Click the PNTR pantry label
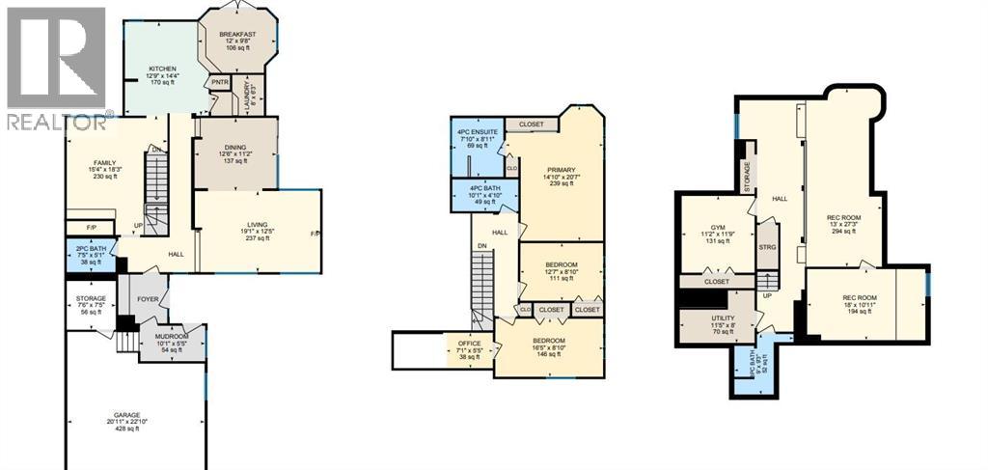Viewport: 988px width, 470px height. [x=219, y=84]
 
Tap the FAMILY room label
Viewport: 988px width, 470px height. [x=104, y=162]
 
